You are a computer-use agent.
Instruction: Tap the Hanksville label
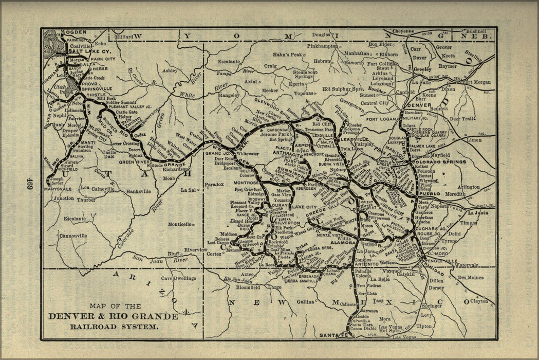pos(137,191)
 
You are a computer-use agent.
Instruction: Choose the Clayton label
pos(478,301)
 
